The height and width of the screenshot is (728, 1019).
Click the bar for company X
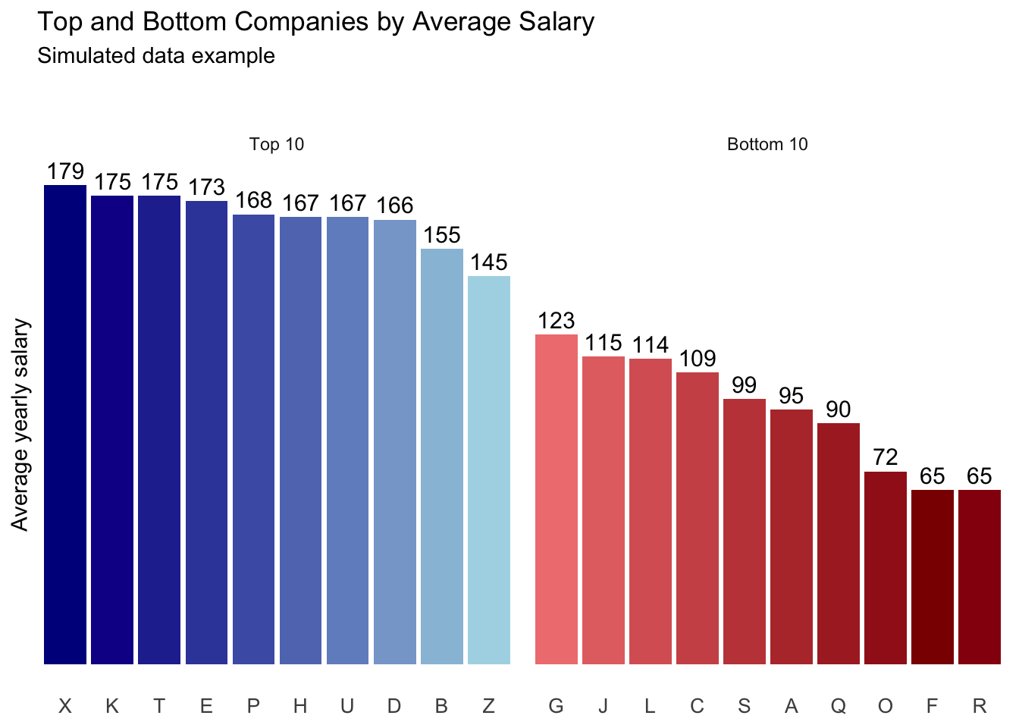click(65, 425)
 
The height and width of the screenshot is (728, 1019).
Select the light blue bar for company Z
click(489, 470)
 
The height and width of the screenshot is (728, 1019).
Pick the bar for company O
click(886, 568)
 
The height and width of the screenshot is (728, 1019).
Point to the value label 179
click(65, 172)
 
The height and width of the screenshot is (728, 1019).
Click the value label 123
click(557, 321)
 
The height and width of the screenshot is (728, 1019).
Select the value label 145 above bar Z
click(489, 262)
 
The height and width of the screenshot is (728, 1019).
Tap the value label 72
click(886, 457)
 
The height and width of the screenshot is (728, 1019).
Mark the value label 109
click(698, 359)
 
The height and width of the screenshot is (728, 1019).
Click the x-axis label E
click(206, 707)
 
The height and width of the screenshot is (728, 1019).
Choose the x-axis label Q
click(839, 707)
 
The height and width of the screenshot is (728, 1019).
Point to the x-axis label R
click(980, 707)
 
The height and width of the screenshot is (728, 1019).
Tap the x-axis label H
click(300, 707)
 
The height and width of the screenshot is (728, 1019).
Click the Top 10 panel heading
click(277, 145)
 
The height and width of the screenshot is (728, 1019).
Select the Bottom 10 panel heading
click(767, 145)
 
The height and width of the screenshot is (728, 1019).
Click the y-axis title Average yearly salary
click(20, 425)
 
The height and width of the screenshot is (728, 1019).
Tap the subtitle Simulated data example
click(156, 56)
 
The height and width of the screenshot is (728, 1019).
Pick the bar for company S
click(745, 532)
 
